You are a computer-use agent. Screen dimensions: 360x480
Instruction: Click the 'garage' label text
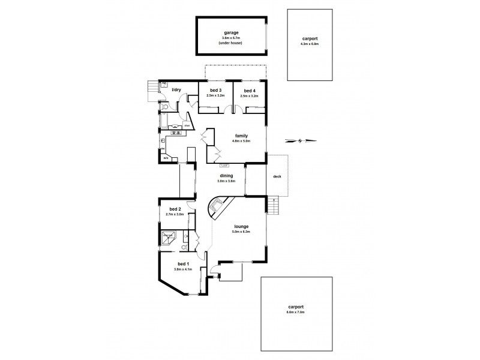pyautogui.click(x=230, y=33)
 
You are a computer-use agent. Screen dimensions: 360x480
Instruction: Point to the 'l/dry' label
pyautogui.click(x=176, y=90)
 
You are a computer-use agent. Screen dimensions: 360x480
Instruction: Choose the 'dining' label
pyautogui.click(x=226, y=175)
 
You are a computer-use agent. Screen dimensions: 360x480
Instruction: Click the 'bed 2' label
pyautogui.click(x=175, y=209)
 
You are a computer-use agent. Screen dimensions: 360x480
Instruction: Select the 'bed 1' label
pyautogui.click(x=183, y=264)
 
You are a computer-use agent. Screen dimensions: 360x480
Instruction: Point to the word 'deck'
pyautogui.click(x=277, y=176)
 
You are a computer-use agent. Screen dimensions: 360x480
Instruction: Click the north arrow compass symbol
pyautogui.click(x=301, y=141)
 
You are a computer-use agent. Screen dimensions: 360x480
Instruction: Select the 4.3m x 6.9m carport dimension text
pyautogui.click(x=310, y=44)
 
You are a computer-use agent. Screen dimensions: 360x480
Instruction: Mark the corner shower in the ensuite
pyautogui.click(x=167, y=238)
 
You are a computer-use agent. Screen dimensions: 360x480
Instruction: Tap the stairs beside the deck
pyautogui.click(x=274, y=206)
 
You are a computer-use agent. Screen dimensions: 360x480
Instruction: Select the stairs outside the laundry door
pyautogui.click(x=151, y=91)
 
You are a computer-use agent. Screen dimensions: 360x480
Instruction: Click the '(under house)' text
pyautogui.click(x=230, y=43)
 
